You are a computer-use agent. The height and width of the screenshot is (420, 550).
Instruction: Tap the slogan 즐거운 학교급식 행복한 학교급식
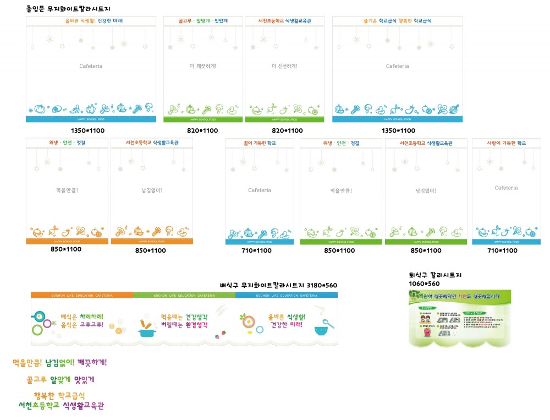click(x=397, y=21)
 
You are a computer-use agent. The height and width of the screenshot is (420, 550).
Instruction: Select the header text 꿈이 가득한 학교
click(x=260, y=143)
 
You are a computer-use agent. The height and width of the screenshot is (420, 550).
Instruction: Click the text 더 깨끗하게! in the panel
click(x=203, y=66)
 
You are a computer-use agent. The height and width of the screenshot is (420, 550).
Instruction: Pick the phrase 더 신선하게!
click(x=284, y=66)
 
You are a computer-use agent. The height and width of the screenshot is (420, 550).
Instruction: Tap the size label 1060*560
click(x=424, y=283)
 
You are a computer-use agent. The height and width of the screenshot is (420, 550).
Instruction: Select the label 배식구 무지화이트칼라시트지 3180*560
click(x=278, y=285)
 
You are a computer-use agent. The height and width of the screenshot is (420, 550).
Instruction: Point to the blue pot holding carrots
click(x=146, y=329)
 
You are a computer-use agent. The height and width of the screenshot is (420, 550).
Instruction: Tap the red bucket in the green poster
click(x=427, y=331)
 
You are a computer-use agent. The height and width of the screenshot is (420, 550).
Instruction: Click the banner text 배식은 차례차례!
click(x=82, y=317)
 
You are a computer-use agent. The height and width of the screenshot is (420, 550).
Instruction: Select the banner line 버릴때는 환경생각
click(x=184, y=325)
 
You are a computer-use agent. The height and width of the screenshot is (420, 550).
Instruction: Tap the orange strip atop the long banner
click(x=82, y=296)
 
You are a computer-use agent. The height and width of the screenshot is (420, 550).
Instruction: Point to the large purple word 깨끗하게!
click(x=92, y=362)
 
